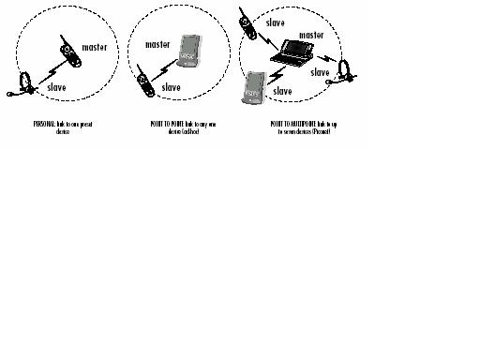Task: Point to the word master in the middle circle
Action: [158, 41]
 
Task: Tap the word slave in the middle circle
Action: [171, 87]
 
